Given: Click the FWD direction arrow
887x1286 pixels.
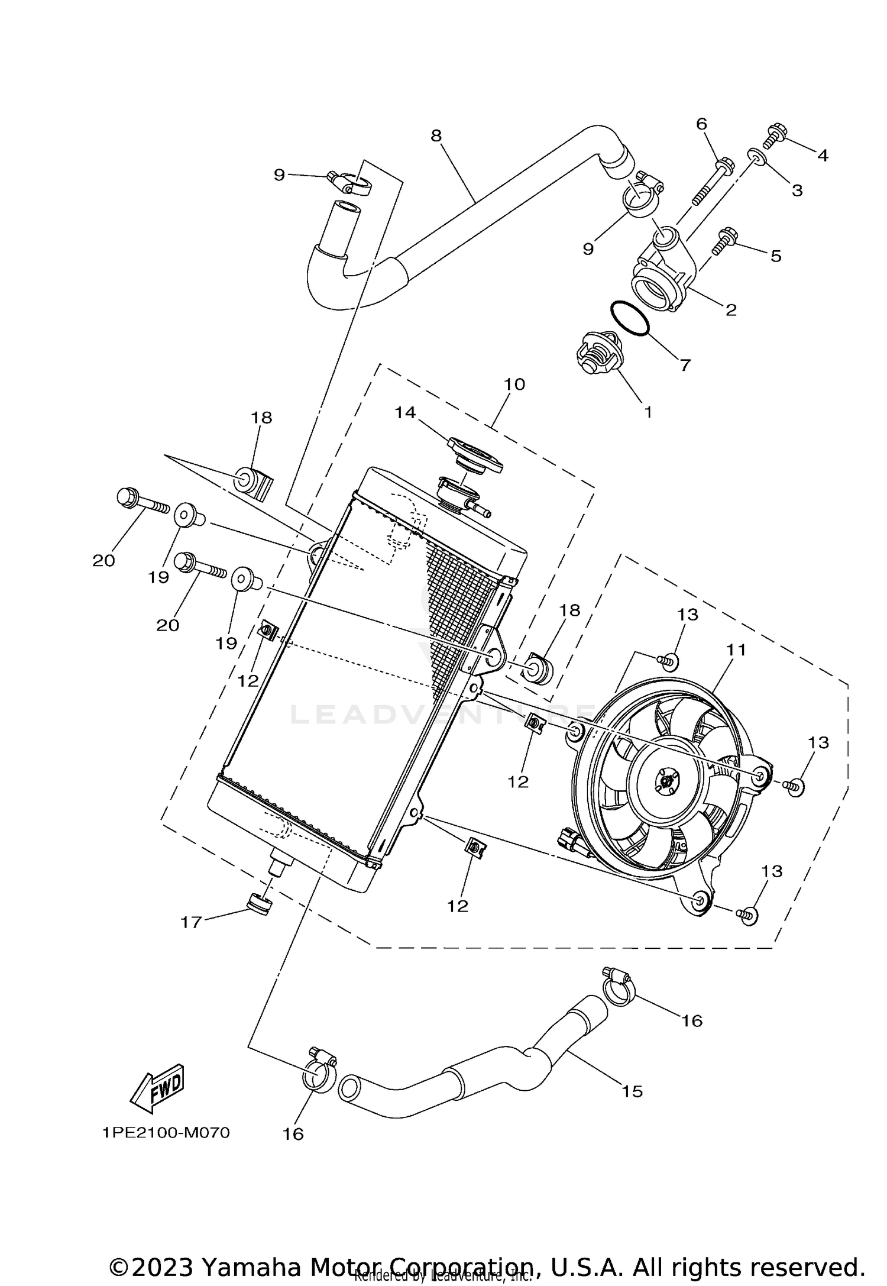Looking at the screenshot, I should pyautogui.click(x=157, y=1085).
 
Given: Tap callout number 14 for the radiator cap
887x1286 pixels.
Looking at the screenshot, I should pyautogui.click(x=405, y=412).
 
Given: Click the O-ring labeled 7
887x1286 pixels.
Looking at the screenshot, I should pyautogui.click(x=629, y=321).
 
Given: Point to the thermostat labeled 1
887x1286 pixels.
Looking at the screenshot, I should pyautogui.click(x=597, y=353).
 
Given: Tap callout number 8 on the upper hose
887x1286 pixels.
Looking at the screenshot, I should pyautogui.click(x=436, y=135).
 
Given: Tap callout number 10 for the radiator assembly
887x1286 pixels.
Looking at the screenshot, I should pyautogui.click(x=514, y=384).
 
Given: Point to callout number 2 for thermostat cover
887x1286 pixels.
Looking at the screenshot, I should pyautogui.click(x=731, y=309).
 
